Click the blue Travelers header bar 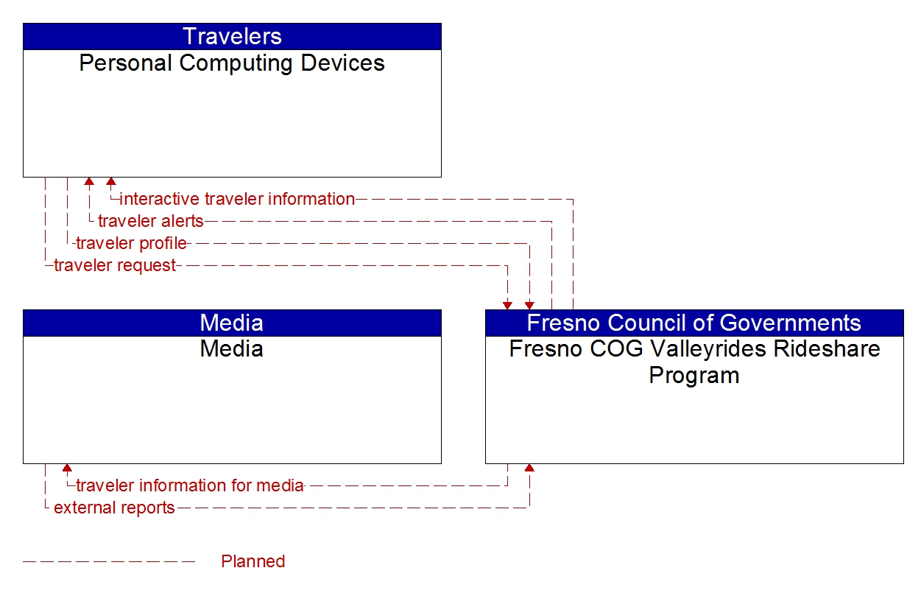[x=232, y=36]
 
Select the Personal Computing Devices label [x=232, y=63]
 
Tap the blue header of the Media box [x=232, y=323]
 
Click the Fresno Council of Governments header [x=694, y=323]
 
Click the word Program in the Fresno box [x=694, y=375]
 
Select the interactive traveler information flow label [x=237, y=199]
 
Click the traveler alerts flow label [x=150, y=221]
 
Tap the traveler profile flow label [x=131, y=243]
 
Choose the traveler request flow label [x=115, y=265]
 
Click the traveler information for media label [x=190, y=485]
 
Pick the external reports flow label [x=114, y=508]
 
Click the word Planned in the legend [x=253, y=561]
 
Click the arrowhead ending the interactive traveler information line [x=111, y=181]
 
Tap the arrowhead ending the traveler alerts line [x=89, y=181]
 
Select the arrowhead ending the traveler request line [x=507, y=305]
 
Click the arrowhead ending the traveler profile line [x=529, y=305]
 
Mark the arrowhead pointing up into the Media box [x=67, y=468]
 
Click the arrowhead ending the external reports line [x=529, y=468]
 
